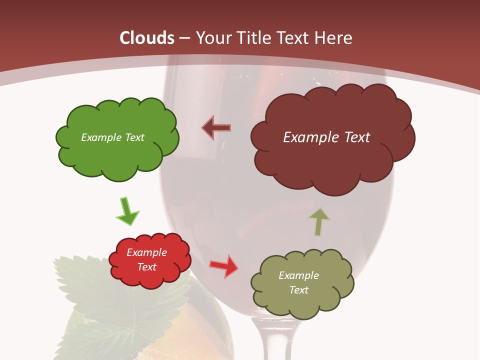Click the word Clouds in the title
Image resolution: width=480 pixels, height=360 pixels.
(x=147, y=38)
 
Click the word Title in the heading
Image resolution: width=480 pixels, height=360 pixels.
(x=253, y=38)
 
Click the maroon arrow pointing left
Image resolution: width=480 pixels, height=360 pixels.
(x=217, y=127)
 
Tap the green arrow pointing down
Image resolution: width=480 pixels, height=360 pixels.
(x=127, y=211)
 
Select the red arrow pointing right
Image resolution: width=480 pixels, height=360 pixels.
(x=224, y=265)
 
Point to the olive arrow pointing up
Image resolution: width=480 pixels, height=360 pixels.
(x=318, y=221)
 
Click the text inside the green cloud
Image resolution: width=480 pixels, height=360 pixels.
(x=112, y=137)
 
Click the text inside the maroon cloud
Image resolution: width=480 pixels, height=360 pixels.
(x=326, y=137)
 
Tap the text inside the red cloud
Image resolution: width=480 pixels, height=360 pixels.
(x=147, y=259)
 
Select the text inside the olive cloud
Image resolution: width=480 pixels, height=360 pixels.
(x=298, y=282)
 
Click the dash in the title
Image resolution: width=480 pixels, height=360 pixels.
(x=184, y=38)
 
